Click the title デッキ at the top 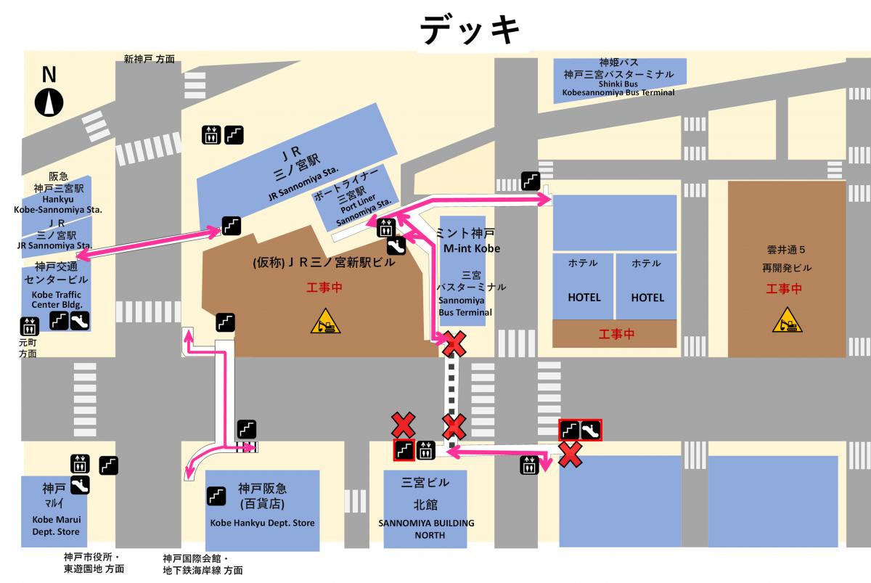pos(470,30)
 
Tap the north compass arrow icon pos(49,101)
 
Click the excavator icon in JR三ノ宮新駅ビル pos(323,321)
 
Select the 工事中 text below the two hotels pos(616,334)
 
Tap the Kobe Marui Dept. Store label pos(57,526)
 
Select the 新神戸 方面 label pos(149,60)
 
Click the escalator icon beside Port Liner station pos(396,245)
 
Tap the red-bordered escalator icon pos(590,431)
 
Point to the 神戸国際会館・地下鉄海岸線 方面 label pos(203,564)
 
